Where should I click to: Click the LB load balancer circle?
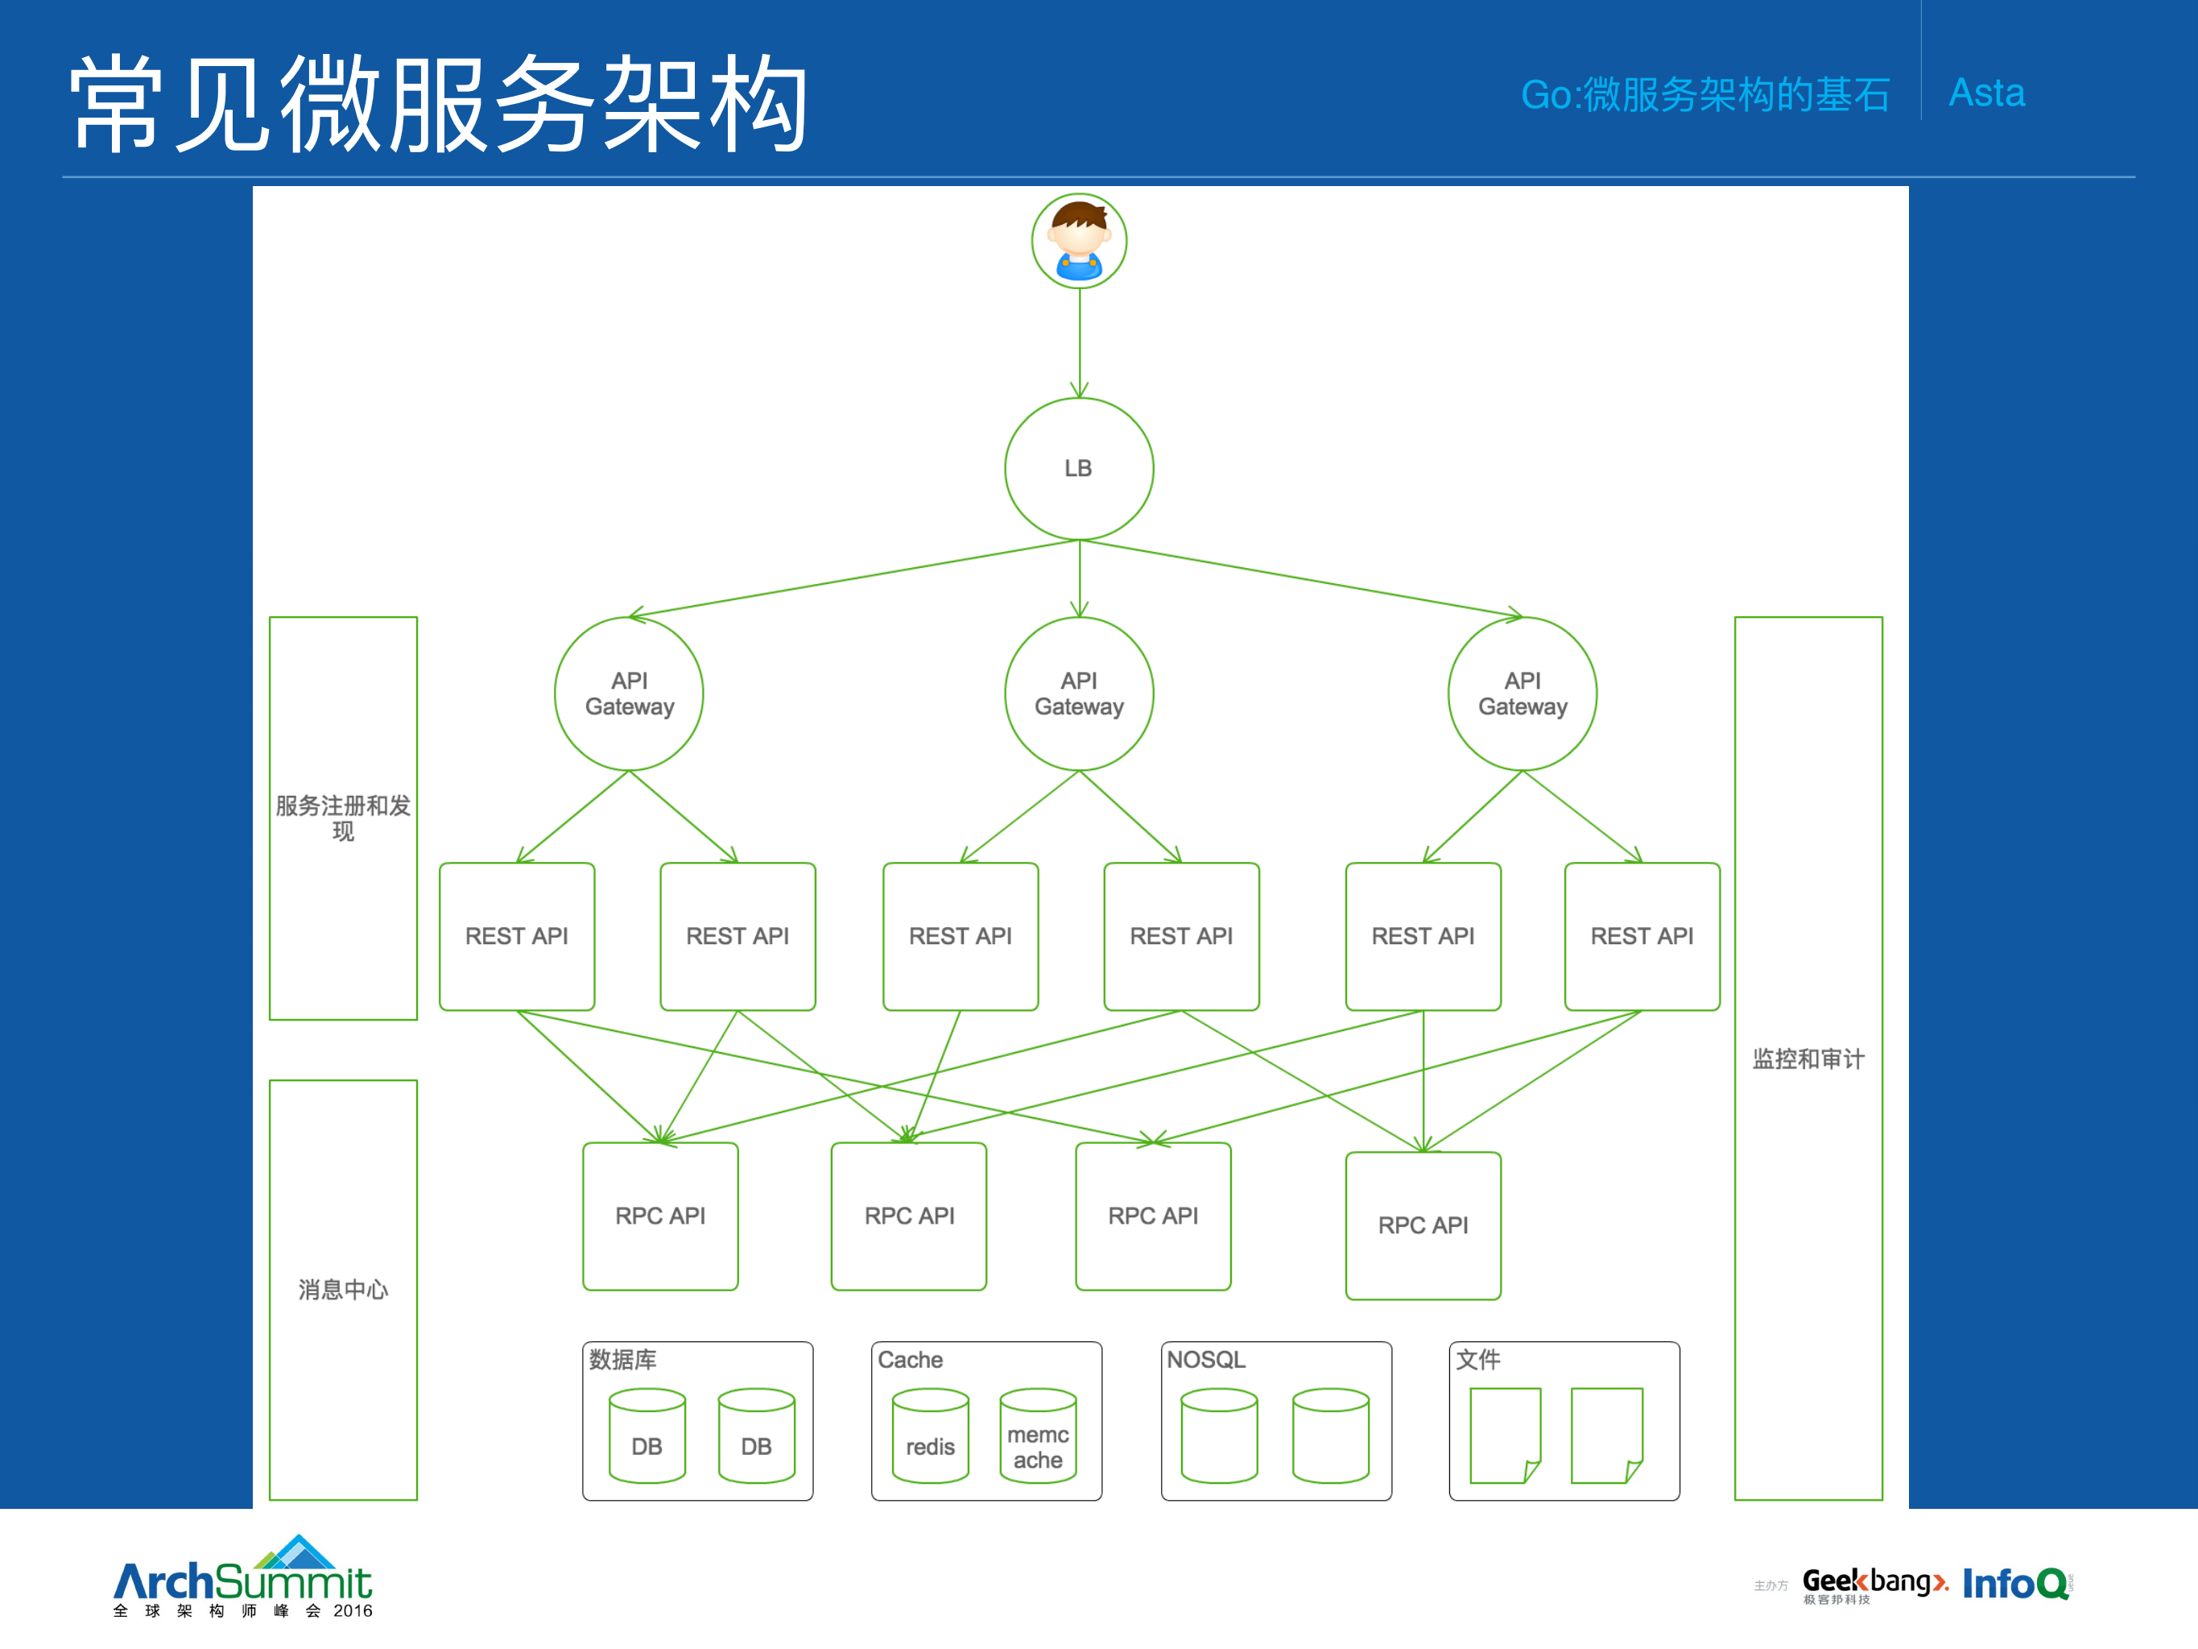coord(1079,468)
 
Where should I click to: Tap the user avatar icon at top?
coord(1079,241)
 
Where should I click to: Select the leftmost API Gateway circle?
coord(629,694)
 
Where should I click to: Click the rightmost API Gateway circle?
coord(1522,694)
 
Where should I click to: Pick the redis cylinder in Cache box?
coord(930,1436)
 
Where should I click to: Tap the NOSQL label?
coord(1205,1359)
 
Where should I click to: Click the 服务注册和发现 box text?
coord(343,817)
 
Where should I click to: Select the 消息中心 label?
coord(343,1289)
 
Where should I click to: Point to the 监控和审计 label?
coord(1808,1059)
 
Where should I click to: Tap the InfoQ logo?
coord(2015,1584)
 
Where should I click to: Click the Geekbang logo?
coord(1873,1584)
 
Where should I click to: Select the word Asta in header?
coord(1986,93)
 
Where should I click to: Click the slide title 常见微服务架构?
coord(437,105)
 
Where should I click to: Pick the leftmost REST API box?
coord(517,936)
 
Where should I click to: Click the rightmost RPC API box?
coord(1423,1224)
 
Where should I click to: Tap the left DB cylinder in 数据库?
coord(647,1436)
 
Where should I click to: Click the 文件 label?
coord(1477,1359)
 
